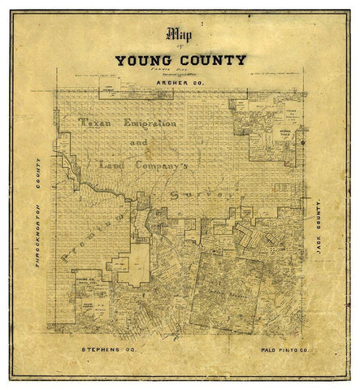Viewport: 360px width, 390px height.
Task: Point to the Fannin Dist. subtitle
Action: coord(180,71)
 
